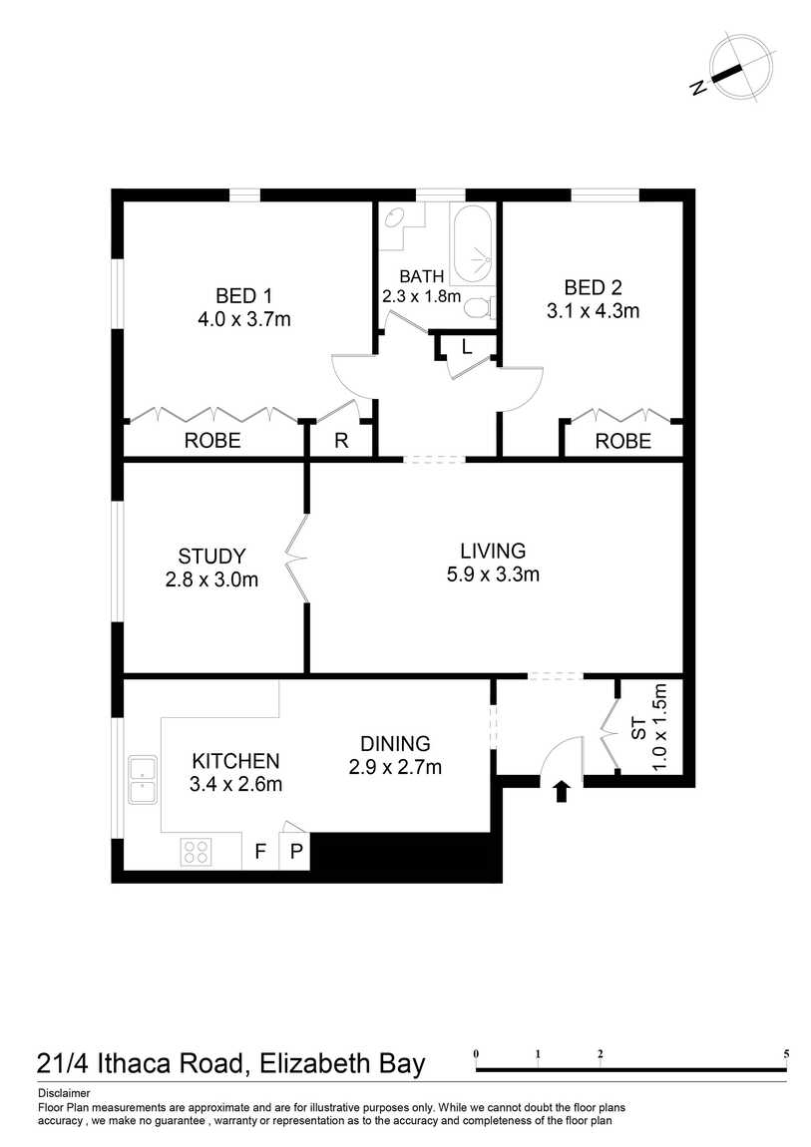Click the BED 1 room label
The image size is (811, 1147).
coord(243,295)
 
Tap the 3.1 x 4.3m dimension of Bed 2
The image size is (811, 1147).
coord(594,311)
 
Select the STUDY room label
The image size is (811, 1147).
coord(211,556)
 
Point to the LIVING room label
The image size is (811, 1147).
coord(493,551)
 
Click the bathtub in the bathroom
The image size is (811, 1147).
coord(472,245)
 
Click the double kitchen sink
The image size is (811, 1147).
coord(143,780)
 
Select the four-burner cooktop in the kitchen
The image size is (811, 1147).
coord(196,852)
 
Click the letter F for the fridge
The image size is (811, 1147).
coord(259,852)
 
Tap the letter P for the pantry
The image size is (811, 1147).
coord(296,852)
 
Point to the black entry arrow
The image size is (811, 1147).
coord(561,791)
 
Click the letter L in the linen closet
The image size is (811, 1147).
coord(467,347)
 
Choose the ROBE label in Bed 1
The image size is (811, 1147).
coord(212,441)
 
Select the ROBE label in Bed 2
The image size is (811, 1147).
coord(623,441)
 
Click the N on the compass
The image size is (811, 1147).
coord(698,87)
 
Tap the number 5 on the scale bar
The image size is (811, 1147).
coord(786,1054)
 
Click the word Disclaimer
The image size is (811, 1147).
coord(65,1093)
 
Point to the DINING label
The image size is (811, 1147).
coord(395,743)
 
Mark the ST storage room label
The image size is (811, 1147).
coord(637,728)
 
